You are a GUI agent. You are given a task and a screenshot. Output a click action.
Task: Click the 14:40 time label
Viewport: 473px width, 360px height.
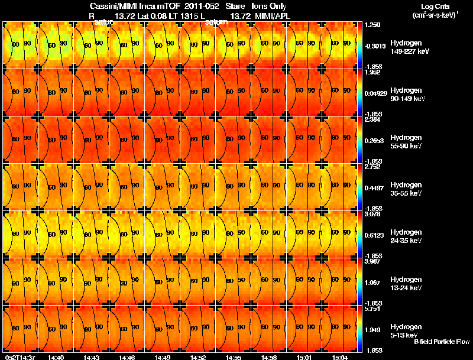[x=56, y=356]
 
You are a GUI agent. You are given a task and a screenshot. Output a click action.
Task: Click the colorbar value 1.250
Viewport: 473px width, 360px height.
[x=372, y=26]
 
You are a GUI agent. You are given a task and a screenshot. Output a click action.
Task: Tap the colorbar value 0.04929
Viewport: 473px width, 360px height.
[x=376, y=94]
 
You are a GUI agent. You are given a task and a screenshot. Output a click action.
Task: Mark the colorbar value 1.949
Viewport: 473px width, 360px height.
[x=372, y=329]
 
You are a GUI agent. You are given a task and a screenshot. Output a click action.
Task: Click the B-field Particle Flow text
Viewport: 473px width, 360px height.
[x=442, y=342]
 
